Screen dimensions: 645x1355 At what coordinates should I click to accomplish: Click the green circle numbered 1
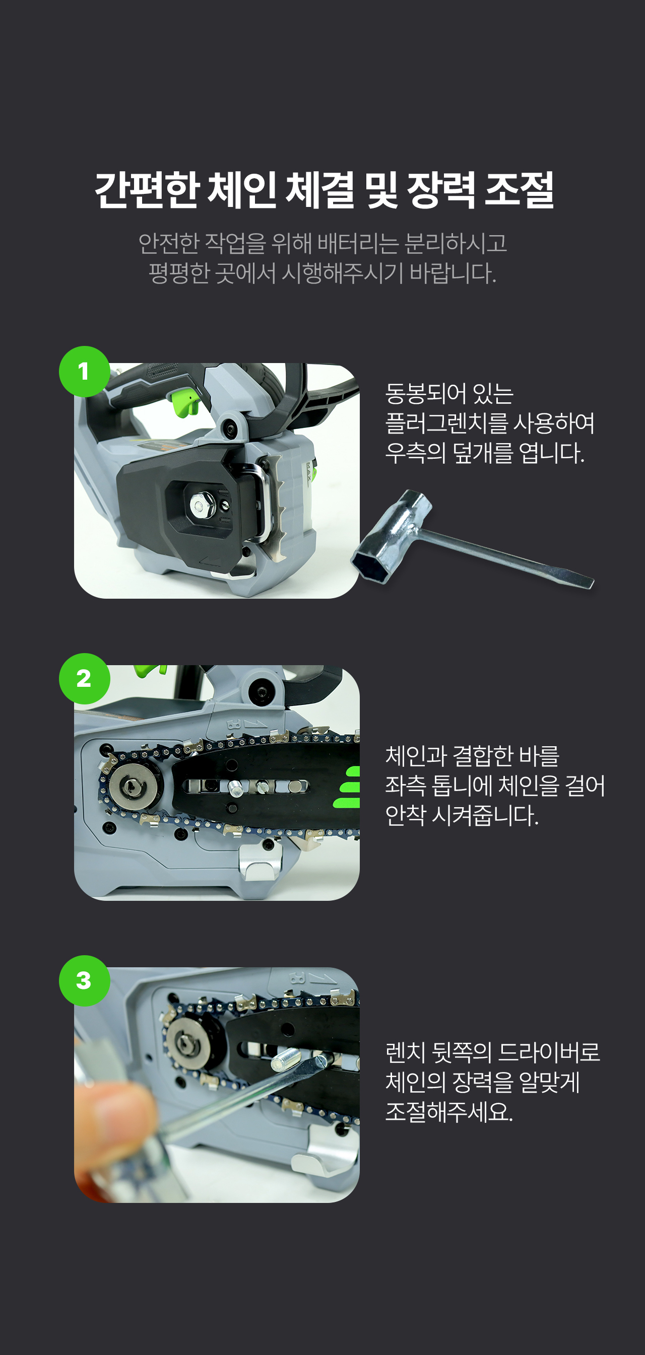click(x=84, y=372)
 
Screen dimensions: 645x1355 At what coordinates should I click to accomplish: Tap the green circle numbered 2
click(x=84, y=679)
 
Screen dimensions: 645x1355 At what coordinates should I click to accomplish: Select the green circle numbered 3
click(x=84, y=980)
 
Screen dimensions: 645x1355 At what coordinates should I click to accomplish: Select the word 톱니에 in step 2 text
click(x=462, y=786)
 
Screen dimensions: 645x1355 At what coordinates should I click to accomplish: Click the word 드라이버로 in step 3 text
click(x=549, y=1052)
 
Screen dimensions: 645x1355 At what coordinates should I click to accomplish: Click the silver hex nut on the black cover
click(x=199, y=506)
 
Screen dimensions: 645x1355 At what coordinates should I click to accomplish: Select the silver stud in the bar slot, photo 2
click(x=235, y=788)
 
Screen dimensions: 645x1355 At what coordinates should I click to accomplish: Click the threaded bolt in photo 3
click(x=286, y=1057)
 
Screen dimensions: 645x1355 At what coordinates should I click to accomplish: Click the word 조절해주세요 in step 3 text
click(x=449, y=1111)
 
